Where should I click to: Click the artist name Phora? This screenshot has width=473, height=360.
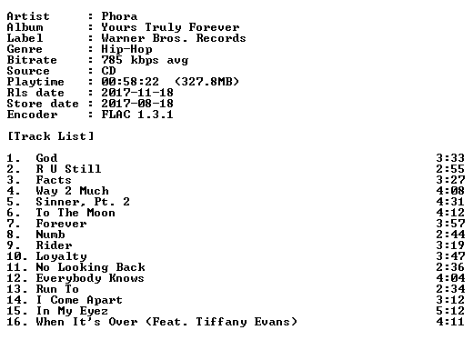(x=119, y=16)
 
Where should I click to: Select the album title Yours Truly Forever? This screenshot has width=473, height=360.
(x=170, y=27)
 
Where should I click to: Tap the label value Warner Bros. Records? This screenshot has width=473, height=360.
(x=174, y=38)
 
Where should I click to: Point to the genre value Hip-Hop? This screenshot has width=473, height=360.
(x=126, y=49)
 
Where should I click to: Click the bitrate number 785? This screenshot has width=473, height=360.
(x=112, y=60)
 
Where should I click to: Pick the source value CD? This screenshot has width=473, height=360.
(x=108, y=71)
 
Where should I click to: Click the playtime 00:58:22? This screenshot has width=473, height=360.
(x=130, y=82)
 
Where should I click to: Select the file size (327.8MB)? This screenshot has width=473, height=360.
(x=206, y=82)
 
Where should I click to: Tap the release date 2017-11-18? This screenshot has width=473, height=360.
(x=137, y=93)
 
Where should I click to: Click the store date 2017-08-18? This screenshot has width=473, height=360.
(x=137, y=104)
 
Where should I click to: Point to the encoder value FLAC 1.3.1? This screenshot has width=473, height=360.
(x=137, y=115)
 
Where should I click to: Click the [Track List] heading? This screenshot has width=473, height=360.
(x=51, y=136)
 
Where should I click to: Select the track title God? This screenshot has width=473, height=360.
(x=46, y=158)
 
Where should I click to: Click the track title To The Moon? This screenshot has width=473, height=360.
(x=75, y=213)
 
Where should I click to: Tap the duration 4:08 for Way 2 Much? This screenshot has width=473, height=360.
(x=450, y=191)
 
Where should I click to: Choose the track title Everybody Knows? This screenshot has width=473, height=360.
(x=90, y=278)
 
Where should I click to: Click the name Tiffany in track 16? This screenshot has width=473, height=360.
(x=221, y=322)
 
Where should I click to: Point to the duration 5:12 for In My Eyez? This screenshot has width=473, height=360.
(x=450, y=311)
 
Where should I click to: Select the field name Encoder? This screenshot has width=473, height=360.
(x=32, y=115)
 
